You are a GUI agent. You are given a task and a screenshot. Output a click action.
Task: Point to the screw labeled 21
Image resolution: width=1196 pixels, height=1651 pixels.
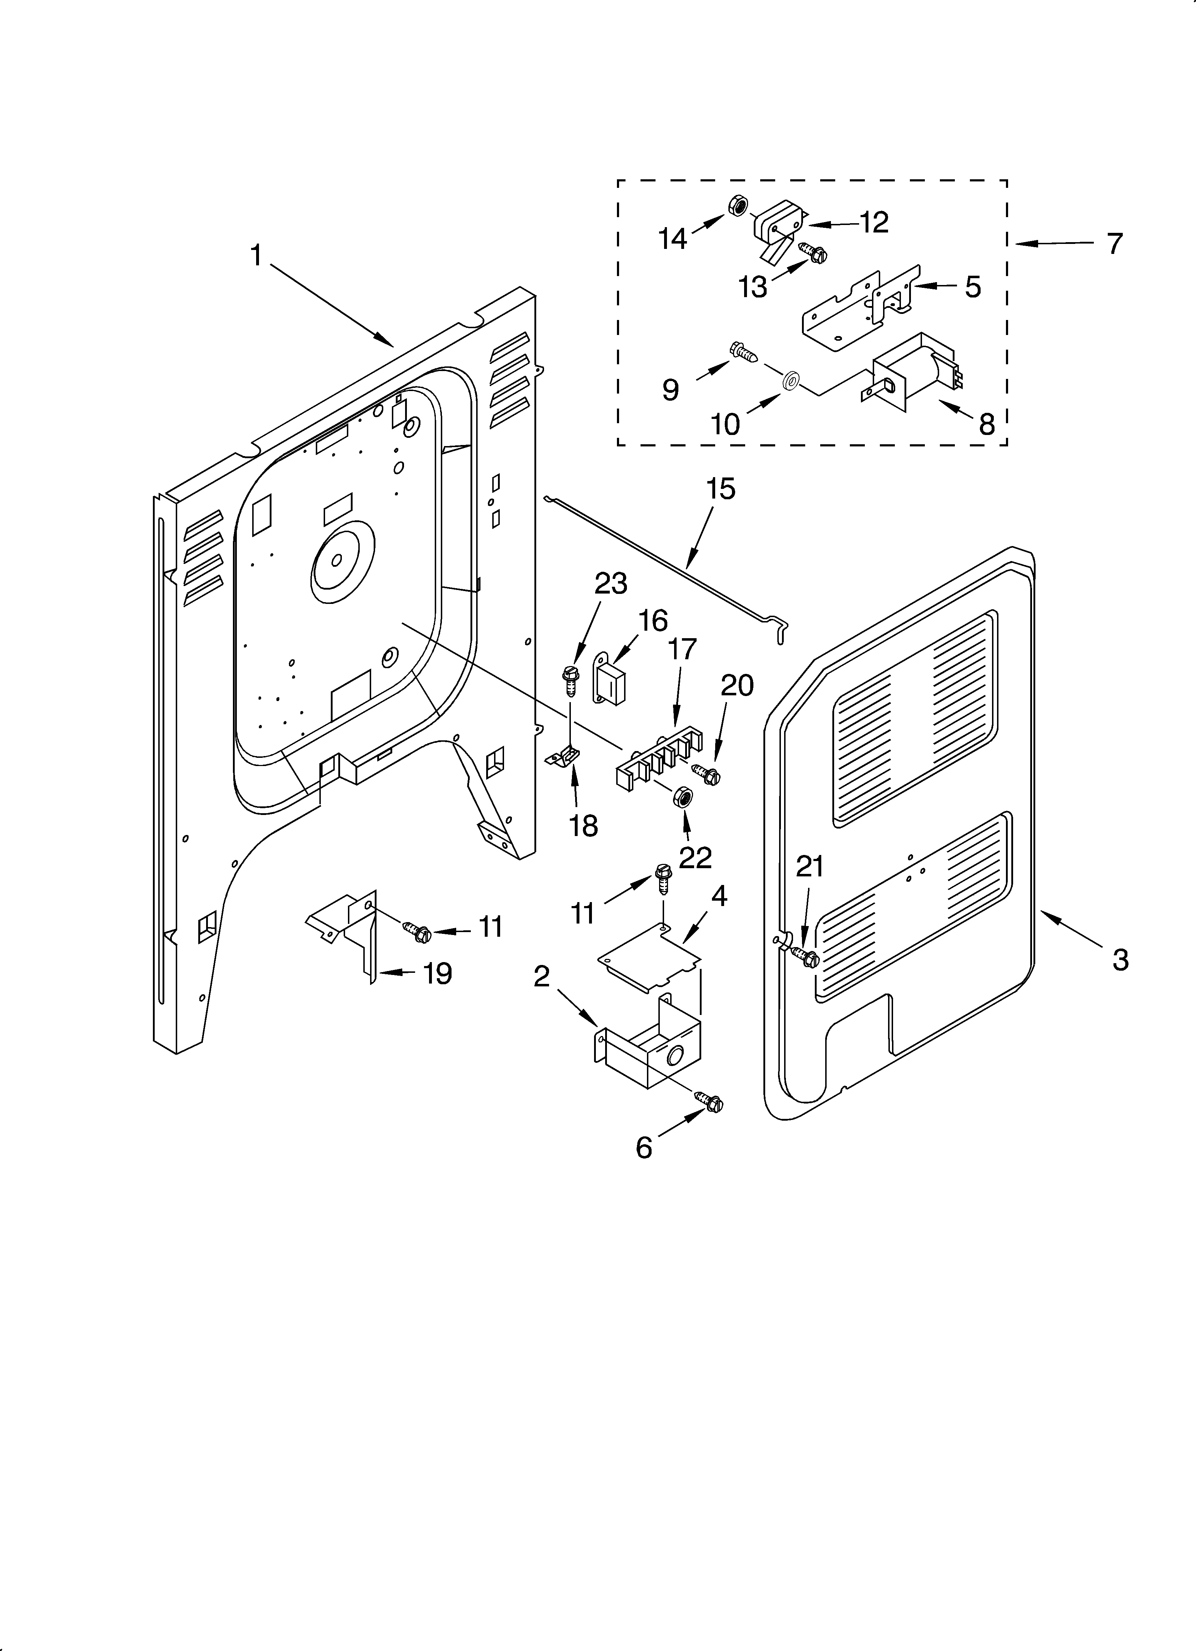(x=806, y=956)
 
